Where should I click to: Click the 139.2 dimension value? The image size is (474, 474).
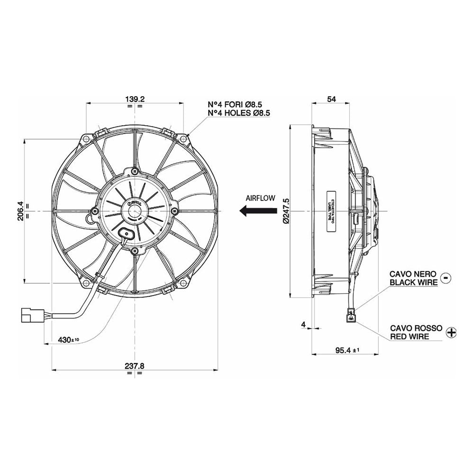tap(135, 99)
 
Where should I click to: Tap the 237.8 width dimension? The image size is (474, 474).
tap(135, 366)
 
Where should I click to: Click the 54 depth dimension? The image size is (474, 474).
tap(332, 99)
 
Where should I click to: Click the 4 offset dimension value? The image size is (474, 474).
tap(303, 325)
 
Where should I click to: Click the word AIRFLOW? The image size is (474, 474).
tap(260, 198)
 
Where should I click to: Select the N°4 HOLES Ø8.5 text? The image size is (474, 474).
tap(239, 113)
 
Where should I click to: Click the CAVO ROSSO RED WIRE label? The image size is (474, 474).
tap(416, 332)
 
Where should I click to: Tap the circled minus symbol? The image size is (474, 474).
tap(446, 278)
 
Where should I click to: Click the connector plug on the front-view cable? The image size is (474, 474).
tap(32, 316)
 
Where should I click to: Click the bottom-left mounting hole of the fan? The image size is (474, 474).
tap(86, 283)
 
